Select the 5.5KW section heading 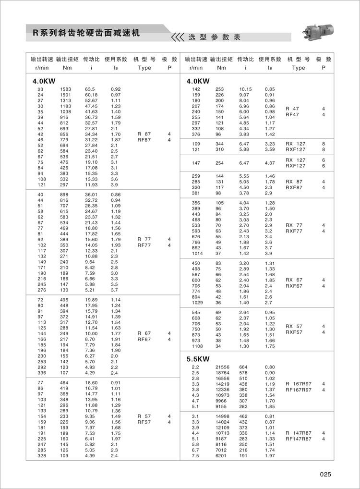(x=198, y=359)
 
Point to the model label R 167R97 (x=298, y=384)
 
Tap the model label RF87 (x=144, y=140)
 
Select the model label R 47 (x=292, y=109)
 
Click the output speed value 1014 (x=197, y=253)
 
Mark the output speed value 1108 (x=197, y=346)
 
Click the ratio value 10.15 (x=246, y=89)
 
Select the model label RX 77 (x=293, y=225)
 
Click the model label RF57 (x=144, y=422)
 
